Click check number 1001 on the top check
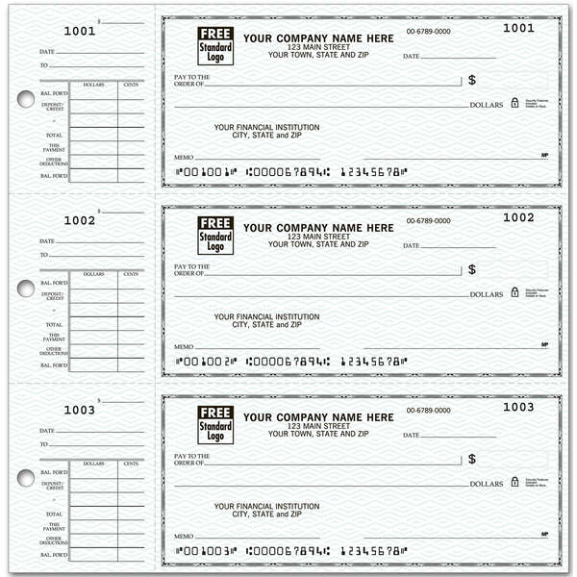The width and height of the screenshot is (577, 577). (x=518, y=28)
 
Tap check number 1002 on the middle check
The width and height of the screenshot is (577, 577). (x=518, y=217)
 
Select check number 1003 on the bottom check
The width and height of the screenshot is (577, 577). (x=518, y=407)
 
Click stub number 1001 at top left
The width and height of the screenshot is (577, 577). (x=80, y=31)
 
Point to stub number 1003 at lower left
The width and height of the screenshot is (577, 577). (x=80, y=410)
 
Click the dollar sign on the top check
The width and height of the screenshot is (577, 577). (x=472, y=81)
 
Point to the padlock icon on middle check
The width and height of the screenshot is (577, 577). (x=514, y=290)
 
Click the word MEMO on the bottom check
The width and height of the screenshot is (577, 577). (x=183, y=536)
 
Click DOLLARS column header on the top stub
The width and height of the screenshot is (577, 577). (x=93, y=85)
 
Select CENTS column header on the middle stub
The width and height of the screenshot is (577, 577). (x=131, y=274)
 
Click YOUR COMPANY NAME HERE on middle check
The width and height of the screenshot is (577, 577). (x=318, y=228)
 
